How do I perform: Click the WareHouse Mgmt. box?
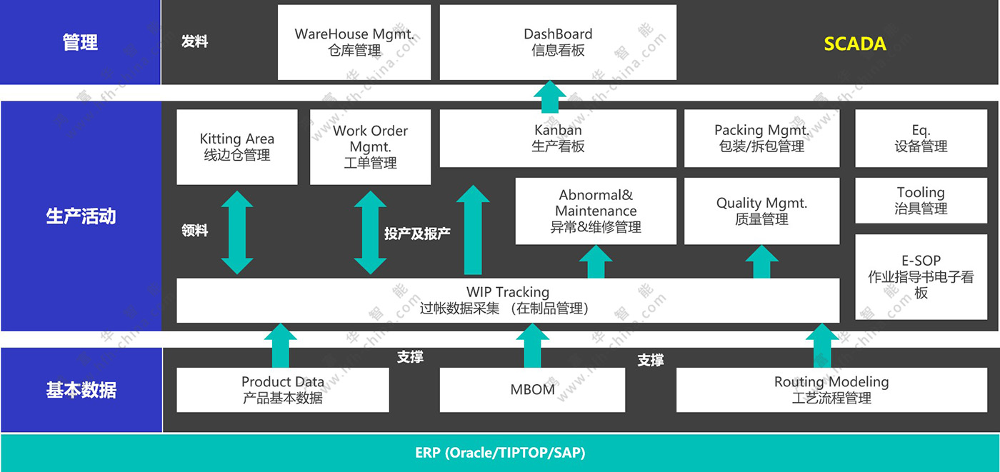pyautogui.click(x=354, y=42)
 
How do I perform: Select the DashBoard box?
pyautogui.click(x=558, y=42)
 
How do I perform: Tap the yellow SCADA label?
pyautogui.click(x=855, y=44)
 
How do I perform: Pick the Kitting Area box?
pyautogui.click(x=237, y=146)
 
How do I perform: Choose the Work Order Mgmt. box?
pyautogui.click(x=370, y=146)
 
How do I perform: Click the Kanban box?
pyautogui.click(x=558, y=138)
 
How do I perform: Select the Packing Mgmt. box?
pyautogui.click(x=761, y=138)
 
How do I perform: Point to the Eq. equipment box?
pyautogui.click(x=921, y=138)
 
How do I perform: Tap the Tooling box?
pyautogui.click(x=921, y=201)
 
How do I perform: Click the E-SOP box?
pyautogui.click(x=921, y=276)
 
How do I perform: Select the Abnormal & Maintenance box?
pyautogui.click(x=596, y=211)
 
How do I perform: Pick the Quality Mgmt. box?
pyautogui.click(x=761, y=211)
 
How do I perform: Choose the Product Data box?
pyautogui.click(x=283, y=390)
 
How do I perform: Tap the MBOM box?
pyautogui.click(x=532, y=390)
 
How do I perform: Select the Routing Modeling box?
pyautogui.click(x=831, y=390)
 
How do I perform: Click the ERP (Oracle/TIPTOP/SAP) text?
pyautogui.click(x=500, y=453)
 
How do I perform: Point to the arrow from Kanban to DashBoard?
pyautogui.click(x=549, y=96)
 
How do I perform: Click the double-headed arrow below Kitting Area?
pyautogui.click(x=237, y=232)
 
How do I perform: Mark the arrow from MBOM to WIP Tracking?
pyautogui.click(x=532, y=346)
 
